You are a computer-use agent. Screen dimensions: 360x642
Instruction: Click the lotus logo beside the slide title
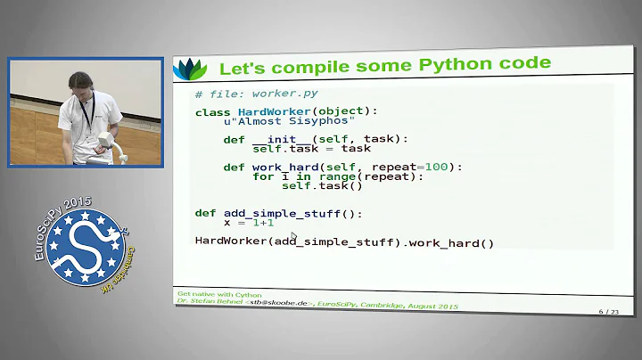pyautogui.click(x=190, y=68)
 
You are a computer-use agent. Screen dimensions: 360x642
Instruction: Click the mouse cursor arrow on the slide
pyautogui.click(x=294, y=236)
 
